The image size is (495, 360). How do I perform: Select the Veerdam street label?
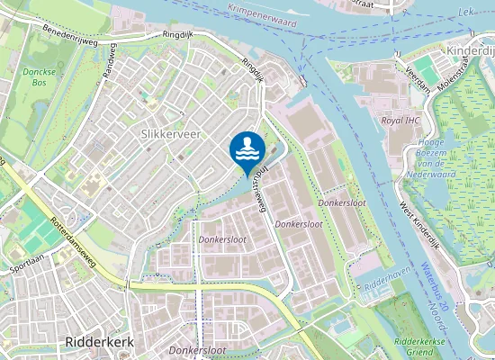[418, 70]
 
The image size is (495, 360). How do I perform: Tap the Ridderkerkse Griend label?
[427, 347]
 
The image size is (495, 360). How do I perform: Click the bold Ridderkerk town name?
[100, 342]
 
